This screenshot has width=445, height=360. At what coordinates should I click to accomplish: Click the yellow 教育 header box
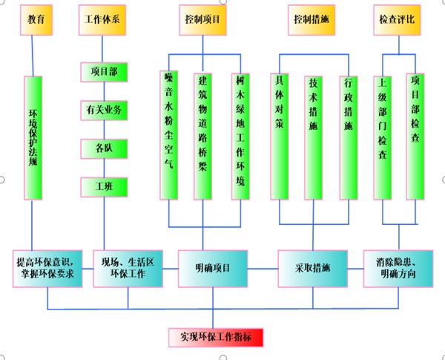tap(36, 20)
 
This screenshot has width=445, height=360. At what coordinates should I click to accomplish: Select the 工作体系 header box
tap(102, 20)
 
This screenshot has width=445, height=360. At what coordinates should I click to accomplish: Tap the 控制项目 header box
tap(202, 20)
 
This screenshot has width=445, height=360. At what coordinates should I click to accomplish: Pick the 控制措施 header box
tap(311, 20)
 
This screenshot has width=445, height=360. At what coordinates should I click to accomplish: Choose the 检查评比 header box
tap(397, 20)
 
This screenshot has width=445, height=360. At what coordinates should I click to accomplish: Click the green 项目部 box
tap(104, 72)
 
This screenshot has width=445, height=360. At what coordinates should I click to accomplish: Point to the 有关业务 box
tap(104, 111)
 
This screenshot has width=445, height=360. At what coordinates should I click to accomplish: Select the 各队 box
tap(104, 148)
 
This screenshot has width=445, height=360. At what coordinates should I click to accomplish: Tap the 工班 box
tap(104, 187)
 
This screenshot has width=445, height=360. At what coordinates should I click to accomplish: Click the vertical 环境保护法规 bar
tap(33, 138)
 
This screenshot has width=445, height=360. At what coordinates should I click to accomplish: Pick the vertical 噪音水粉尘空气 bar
tap(169, 135)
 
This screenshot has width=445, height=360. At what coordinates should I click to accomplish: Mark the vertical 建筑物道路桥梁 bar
tap(202, 137)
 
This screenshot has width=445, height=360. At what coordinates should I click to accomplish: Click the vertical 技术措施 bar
tap(313, 138)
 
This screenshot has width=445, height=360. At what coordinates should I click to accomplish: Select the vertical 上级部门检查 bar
tap(383, 138)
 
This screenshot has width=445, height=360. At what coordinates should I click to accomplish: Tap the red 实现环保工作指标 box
tap(216, 338)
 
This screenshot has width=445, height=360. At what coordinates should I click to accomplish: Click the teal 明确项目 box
tap(213, 269)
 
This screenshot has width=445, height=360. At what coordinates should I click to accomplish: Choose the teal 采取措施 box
tap(313, 269)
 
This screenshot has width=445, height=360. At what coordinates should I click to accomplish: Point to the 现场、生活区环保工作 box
tap(128, 269)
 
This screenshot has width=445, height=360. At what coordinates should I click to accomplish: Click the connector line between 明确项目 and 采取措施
tap(263, 269)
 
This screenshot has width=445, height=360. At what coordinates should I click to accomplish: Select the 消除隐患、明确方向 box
tap(398, 269)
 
